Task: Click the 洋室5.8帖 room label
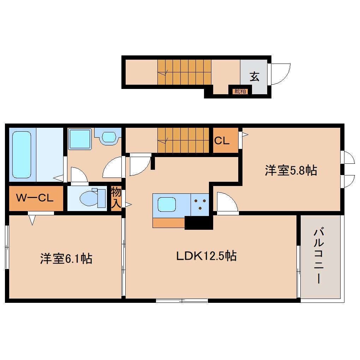(x=291, y=171)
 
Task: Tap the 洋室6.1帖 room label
(x=66, y=259)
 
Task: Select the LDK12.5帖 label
(x=206, y=256)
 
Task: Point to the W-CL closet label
(x=35, y=198)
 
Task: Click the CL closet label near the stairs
(x=222, y=140)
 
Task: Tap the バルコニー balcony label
(x=319, y=256)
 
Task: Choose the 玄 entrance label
(x=254, y=77)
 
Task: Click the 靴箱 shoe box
(x=240, y=91)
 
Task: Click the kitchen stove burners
(x=200, y=204)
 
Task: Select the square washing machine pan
(x=80, y=139)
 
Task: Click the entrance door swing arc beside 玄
(x=280, y=74)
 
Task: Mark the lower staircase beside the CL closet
(x=184, y=140)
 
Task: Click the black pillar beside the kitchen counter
(x=199, y=223)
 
